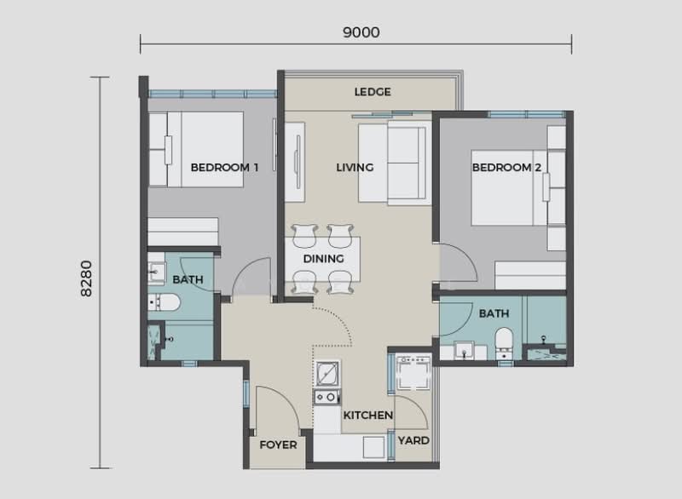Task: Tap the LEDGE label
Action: click(372, 92)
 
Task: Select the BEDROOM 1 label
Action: click(224, 168)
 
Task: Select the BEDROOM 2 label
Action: click(507, 168)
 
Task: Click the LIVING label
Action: click(355, 168)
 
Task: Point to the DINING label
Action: click(323, 259)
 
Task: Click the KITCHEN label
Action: click(367, 416)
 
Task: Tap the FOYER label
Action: click(277, 445)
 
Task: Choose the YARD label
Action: click(414, 441)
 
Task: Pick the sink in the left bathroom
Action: click(155, 272)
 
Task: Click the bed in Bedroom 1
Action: click(198, 149)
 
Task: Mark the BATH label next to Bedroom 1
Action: click(187, 279)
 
